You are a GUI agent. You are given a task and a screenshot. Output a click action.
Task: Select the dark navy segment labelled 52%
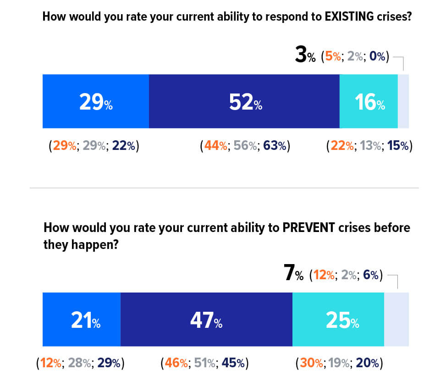(244, 101)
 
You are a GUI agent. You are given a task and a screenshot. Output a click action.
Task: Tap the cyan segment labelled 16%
(369, 101)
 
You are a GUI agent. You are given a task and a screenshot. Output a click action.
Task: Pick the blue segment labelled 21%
(81, 320)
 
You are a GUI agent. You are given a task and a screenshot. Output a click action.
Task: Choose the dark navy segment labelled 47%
(206, 320)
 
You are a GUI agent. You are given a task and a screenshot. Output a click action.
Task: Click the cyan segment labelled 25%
(338, 320)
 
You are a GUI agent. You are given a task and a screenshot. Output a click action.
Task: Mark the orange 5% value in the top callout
(333, 57)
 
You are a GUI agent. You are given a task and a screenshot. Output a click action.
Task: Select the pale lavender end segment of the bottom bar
(396, 320)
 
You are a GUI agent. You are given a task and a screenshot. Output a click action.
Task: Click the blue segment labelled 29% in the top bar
(95, 101)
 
